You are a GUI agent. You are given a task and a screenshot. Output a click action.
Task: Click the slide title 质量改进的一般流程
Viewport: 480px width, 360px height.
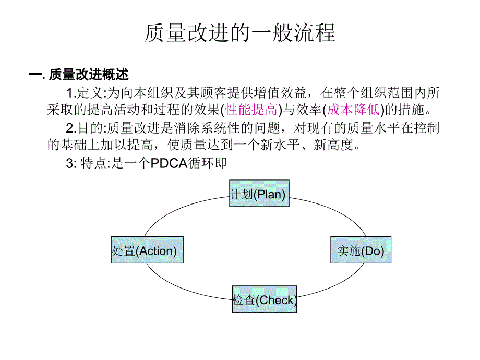point(239,33)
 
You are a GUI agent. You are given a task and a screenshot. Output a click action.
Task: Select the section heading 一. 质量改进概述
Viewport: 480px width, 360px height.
point(78,75)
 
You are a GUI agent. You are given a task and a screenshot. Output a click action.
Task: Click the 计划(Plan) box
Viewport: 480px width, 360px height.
point(259,194)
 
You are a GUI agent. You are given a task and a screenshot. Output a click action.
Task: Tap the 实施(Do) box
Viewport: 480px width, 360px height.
point(361,250)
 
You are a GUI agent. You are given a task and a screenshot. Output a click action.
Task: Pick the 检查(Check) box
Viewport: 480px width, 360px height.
point(264,299)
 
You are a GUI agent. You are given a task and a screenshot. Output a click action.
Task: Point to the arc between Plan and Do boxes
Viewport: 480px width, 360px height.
point(334,211)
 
